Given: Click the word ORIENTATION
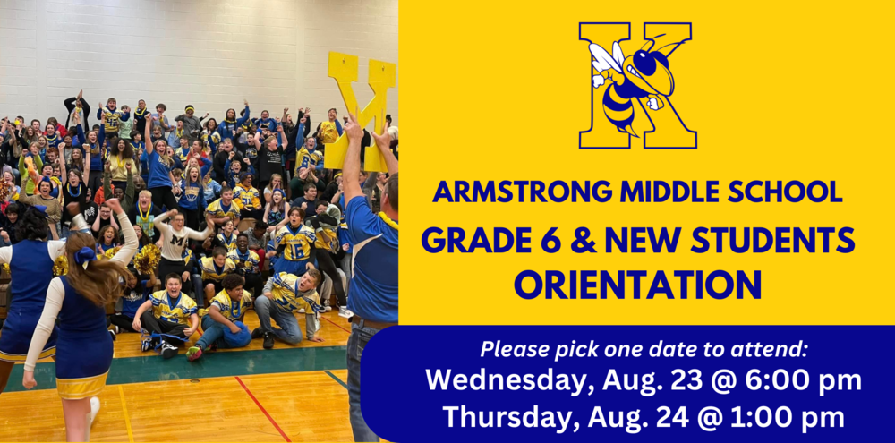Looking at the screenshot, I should (x=637, y=285).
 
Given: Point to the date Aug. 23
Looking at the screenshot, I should (x=648, y=380).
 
